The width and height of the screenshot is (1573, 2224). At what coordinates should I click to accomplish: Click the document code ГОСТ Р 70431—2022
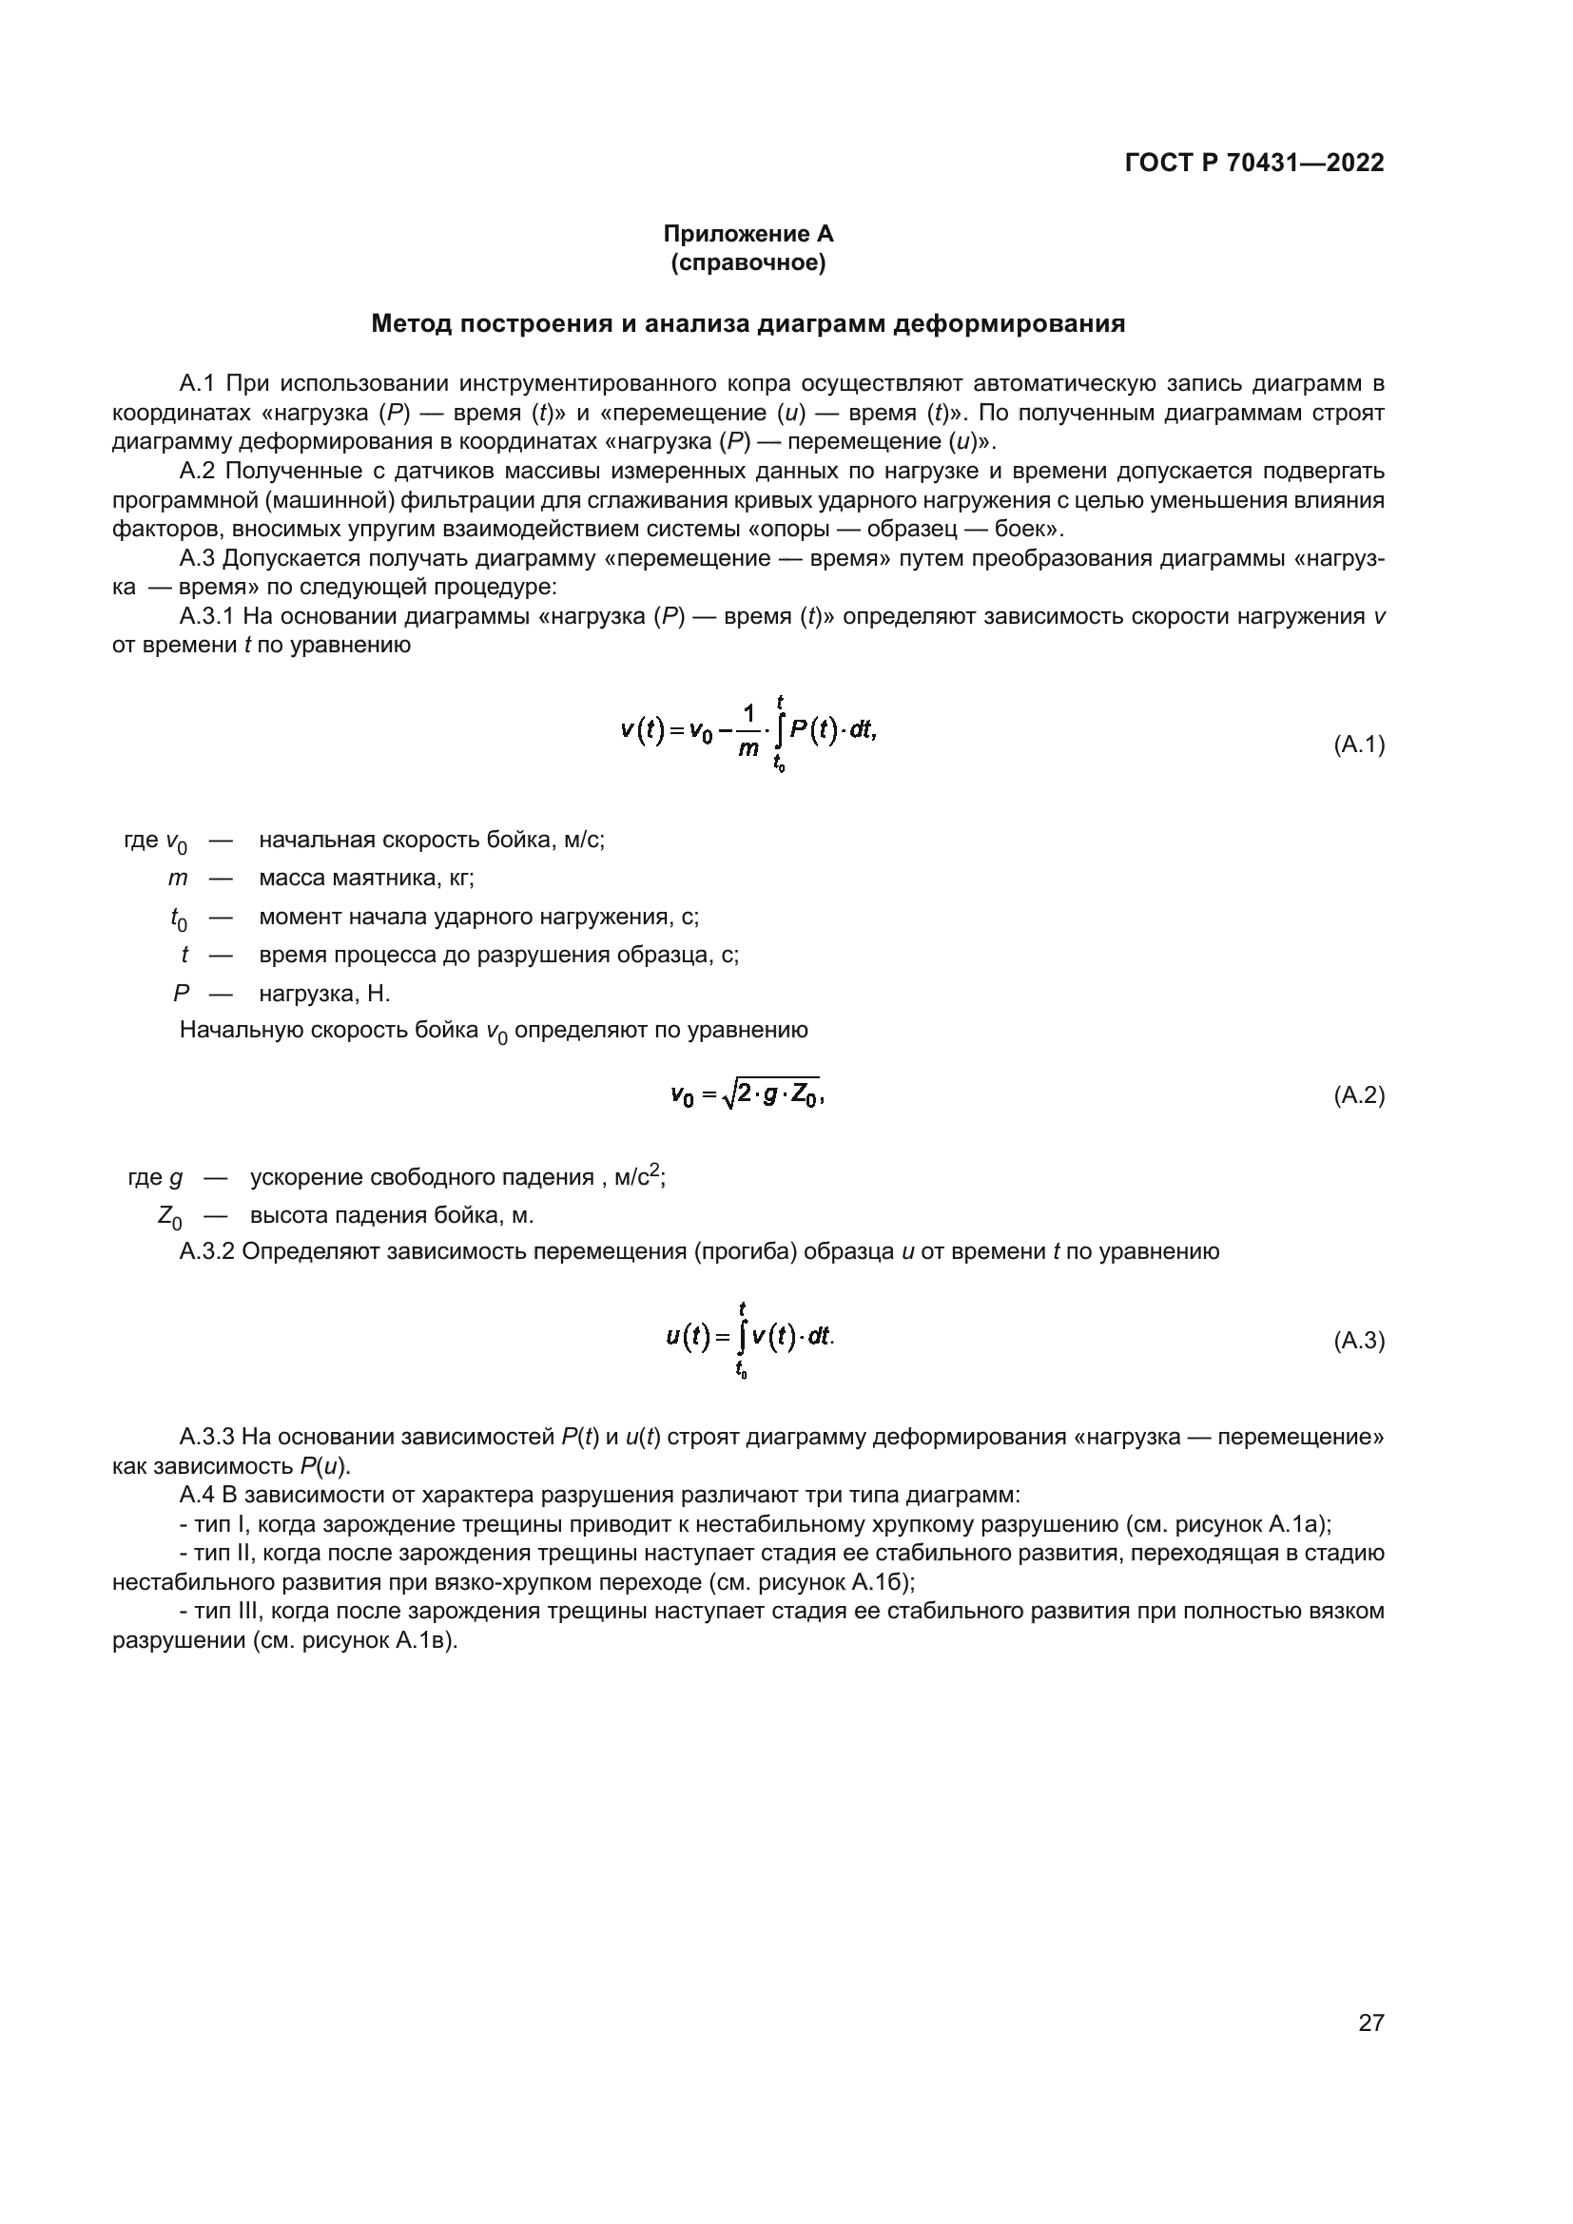pos(1254,163)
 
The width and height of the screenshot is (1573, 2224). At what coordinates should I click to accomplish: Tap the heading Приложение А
pos(748,234)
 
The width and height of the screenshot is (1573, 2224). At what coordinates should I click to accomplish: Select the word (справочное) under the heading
pos(748,262)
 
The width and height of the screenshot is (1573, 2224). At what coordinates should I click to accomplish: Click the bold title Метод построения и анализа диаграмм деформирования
pos(748,324)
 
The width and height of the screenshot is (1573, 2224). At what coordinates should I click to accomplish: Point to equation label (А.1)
pos(1359,745)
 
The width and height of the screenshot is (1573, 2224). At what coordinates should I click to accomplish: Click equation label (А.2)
pos(1359,1095)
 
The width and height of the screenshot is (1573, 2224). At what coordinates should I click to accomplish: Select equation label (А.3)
pos(1359,1341)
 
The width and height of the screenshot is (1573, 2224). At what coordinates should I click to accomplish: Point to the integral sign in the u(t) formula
pos(742,1339)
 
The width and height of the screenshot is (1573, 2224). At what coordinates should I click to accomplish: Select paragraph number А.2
pos(202,472)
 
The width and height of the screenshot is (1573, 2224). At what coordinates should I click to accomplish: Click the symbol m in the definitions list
pos(177,879)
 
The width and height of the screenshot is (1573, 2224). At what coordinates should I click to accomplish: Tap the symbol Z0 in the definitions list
pos(169,1217)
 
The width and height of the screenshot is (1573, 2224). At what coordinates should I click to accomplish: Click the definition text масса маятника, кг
pos(366,879)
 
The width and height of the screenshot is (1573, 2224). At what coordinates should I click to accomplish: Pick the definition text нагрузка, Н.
pos(324,994)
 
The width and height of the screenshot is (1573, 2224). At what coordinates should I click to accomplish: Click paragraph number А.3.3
pos(207,1437)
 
